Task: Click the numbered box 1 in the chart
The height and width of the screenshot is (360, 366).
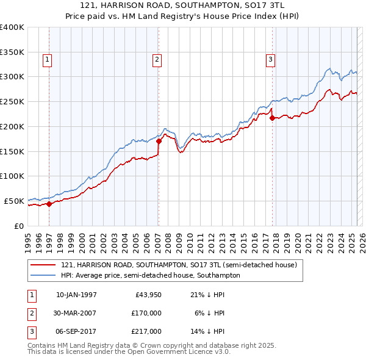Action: (x=47, y=60)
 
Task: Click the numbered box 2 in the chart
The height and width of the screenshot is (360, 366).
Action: (x=157, y=60)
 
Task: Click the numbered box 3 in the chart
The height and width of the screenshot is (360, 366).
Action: (x=270, y=60)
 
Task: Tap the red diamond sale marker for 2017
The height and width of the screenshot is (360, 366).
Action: (x=272, y=118)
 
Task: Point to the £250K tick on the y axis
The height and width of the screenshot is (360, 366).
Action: (x=12, y=101)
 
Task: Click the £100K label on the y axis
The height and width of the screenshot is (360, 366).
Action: (x=12, y=176)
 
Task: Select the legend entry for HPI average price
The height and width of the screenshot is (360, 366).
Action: (x=151, y=275)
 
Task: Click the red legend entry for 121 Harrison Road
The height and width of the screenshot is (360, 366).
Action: (x=179, y=265)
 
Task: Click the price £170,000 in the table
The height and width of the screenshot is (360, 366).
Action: (x=147, y=313)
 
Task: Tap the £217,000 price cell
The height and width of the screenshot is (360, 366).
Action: (x=147, y=331)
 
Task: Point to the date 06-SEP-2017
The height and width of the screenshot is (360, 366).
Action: (x=76, y=331)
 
